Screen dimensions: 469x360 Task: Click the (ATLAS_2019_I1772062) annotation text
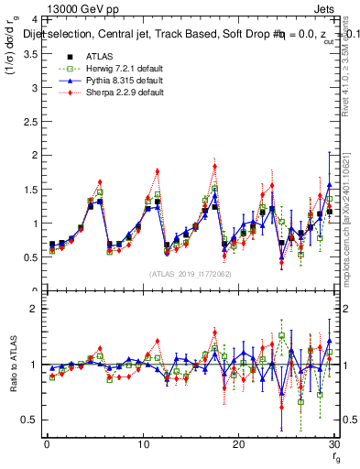point(189,274)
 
